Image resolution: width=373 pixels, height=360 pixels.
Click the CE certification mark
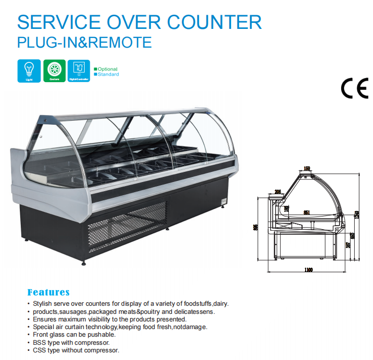(354, 88)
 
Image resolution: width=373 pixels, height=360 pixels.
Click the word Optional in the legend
(107, 69)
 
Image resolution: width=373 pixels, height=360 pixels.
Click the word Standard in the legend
(108, 75)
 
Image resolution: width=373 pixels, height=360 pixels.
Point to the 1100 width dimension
(308, 269)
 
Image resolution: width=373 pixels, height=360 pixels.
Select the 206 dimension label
(278, 192)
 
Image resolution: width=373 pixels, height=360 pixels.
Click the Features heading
(48, 293)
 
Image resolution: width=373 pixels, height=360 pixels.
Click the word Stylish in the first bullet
(43, 304)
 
